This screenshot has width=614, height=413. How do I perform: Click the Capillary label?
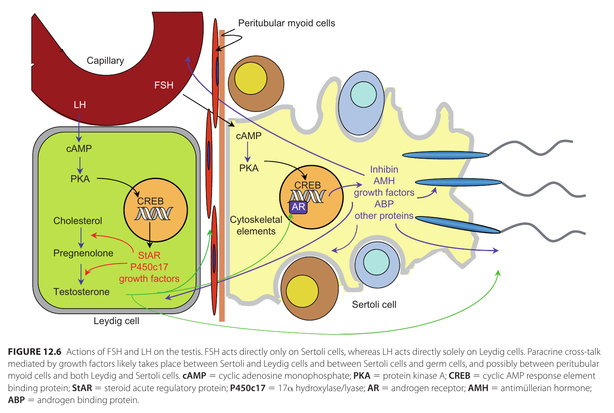click(x=105, y=61)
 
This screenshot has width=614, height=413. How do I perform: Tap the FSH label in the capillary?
click(x=164, y=85)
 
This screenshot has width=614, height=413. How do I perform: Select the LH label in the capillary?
click(x=80, y=105)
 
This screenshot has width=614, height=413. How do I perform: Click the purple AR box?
click(x=298, y=207)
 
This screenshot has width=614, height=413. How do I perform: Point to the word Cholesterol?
click(x=78, y=221)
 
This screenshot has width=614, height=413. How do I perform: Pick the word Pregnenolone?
click(x=83, y=253)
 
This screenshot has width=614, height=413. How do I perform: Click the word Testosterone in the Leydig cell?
click(x=81, y=292)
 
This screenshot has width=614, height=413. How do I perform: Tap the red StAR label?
click(x=149, y=256)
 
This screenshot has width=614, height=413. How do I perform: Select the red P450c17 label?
click(x=149, y=267)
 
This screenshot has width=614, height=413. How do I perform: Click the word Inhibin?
click(x=384, y=169)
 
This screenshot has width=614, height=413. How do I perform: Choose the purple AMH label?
click(x=384, y=181)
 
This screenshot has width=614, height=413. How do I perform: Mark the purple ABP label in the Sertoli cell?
click(x=384, y=204)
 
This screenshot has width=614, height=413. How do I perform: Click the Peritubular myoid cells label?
click(x=286, y=23)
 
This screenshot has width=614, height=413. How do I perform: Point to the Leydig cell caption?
click(x=116, y=321)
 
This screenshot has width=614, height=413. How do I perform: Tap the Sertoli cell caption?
click(x=374, y=305)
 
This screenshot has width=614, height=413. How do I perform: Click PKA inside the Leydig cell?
click(x=80, y=179)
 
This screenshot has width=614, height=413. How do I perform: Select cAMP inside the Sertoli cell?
click(x=249, y=136)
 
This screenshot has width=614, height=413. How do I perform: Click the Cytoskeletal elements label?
click(x=256, y=226)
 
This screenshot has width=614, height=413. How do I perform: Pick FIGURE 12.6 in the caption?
click(x=35, y=352)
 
